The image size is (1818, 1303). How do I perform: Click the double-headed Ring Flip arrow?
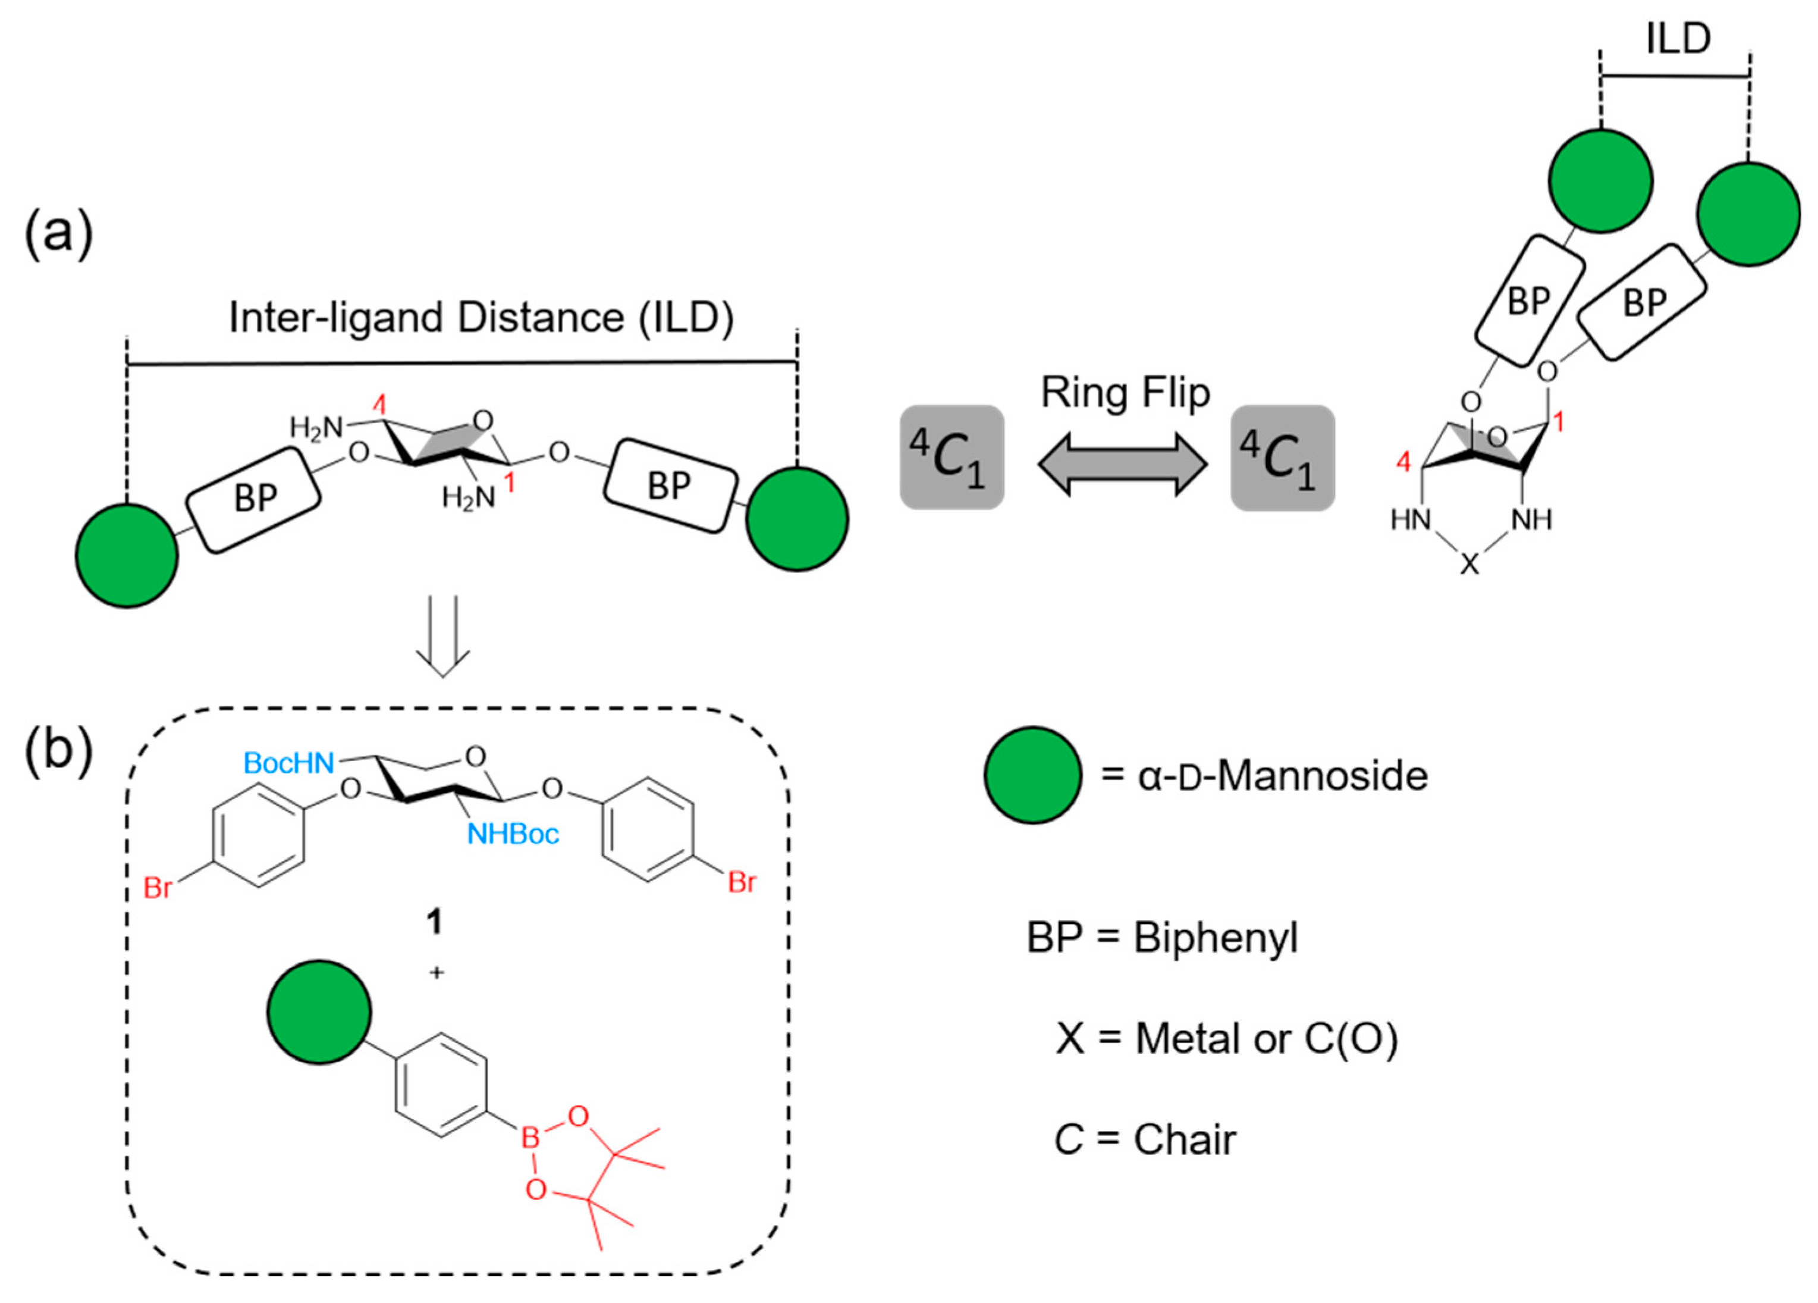click(x=1122, y=463)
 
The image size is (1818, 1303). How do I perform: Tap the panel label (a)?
click(x=58, y=234)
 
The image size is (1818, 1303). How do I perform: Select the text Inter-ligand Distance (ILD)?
click(x=481, y=318)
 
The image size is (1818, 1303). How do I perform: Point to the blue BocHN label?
click(x=288, y=763)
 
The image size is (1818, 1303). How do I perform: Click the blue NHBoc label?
click(x=513, y=834)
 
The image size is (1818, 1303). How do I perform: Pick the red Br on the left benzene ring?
click(x=157, y=888)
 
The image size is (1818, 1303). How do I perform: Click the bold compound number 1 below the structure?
click(x=435, y=922)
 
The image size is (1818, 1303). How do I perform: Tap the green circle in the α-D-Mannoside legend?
click(x=1032, y=775)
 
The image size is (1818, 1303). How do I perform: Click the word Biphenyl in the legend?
click(x=1215, y=936)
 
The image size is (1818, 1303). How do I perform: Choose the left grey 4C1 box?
click(x=952, y=457)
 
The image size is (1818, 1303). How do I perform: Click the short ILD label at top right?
click(x=1678, y=39)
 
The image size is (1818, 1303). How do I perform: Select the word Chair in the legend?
click(x=1185, y=1139)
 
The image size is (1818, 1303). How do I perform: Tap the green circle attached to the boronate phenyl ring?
click(x=319, y=1012)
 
